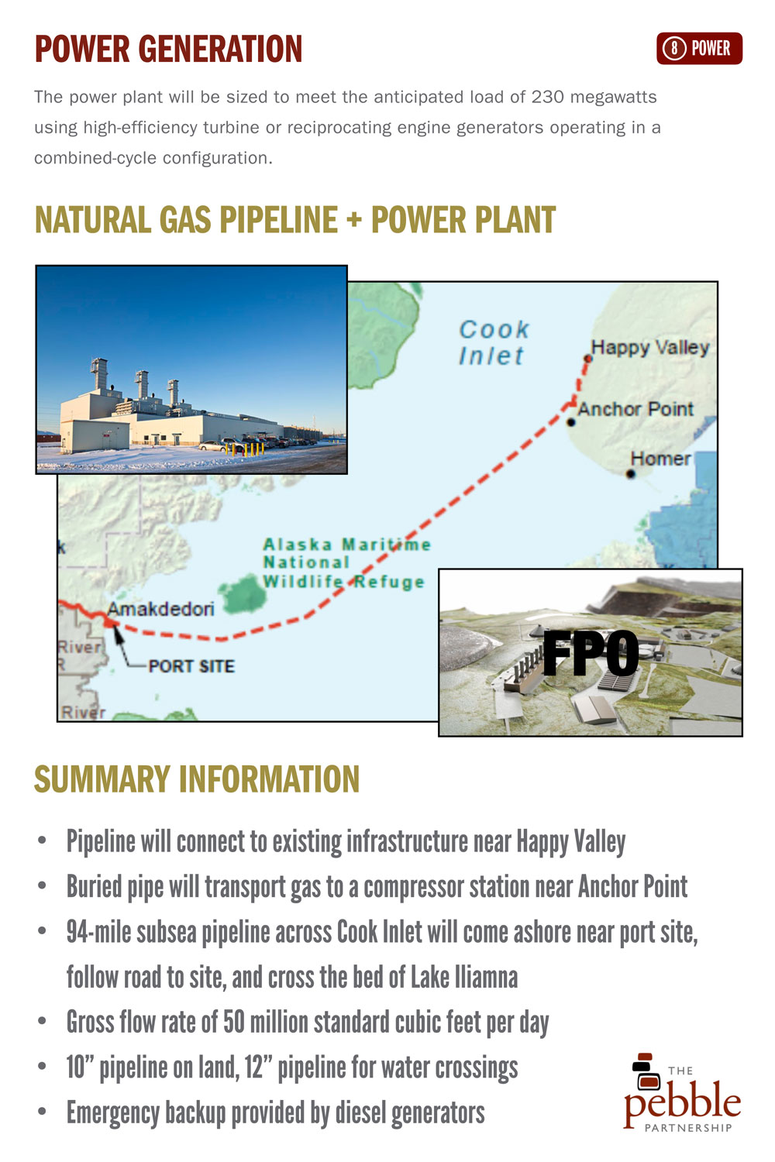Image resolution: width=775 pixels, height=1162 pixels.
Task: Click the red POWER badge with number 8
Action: (x=699, y=48)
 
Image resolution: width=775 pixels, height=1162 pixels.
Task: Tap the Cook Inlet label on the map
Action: (x=493, y=343)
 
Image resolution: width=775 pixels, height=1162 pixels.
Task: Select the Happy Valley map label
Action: (x=650, y=348)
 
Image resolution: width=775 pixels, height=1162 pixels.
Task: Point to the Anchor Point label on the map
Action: (x=635, y=409)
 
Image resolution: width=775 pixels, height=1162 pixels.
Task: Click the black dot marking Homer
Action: (x=630, y=473)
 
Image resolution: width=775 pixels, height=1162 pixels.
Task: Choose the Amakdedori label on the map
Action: (x=160, y=608)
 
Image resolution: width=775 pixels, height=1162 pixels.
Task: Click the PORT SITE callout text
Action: (x=191, y=666)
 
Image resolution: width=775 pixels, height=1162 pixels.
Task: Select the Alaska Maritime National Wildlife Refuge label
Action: (x=346, y=563)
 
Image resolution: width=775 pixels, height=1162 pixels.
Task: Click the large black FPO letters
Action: (x=591, y=652)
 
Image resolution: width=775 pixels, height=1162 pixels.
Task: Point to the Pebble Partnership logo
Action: (x=682, y=1092)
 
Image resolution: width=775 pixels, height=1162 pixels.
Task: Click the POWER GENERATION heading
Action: (x=168, y=50)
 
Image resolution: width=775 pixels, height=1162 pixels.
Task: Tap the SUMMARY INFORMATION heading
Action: (x=197, y=779)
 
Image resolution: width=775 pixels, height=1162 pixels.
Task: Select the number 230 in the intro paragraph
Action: (x=547, y=97)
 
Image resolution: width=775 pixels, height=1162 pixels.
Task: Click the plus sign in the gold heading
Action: (x=354, y=220)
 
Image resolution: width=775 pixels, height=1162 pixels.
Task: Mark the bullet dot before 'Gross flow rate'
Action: (x=42, y=1023)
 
